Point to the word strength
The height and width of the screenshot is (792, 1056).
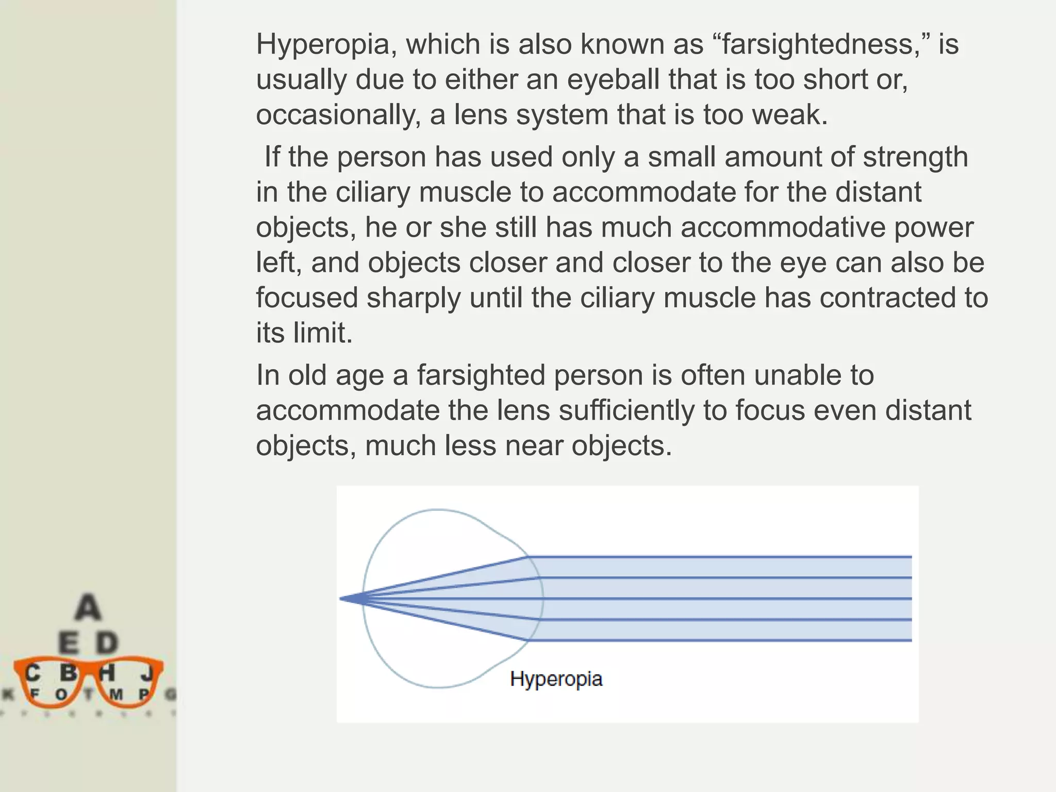(x=915, y=157)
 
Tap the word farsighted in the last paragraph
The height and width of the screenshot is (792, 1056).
(x=481, y=375)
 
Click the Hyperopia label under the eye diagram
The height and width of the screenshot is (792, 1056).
(x=556, y=679)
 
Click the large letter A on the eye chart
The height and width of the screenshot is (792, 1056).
(x=88, y=607)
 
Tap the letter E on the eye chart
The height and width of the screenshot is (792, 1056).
(x=69, y=643)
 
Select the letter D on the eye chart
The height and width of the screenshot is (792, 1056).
(x=107, y=643)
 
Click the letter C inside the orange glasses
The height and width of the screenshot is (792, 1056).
(x=32, y=673)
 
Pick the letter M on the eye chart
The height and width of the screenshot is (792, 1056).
(x=117, y=695)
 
